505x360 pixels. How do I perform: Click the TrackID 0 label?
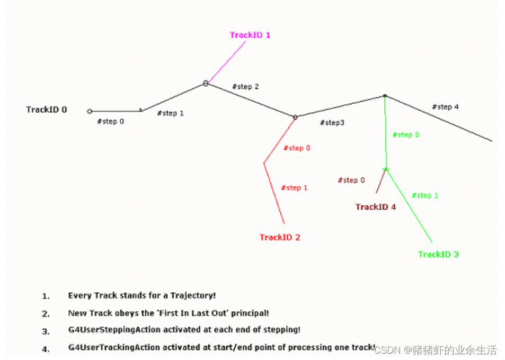[47, 110]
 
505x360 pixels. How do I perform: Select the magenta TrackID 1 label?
[250, 35]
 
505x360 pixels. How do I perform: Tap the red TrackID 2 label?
[280, 237]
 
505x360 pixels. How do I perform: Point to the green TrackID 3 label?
[438, 254]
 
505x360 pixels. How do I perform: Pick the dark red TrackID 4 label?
[376, 207]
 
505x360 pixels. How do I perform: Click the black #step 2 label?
[245, 86]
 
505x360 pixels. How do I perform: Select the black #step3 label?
[332, 123]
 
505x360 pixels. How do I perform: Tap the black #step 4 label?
[445, 107]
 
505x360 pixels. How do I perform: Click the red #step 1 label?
[294, 188]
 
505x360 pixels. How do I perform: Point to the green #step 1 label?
[425, 195]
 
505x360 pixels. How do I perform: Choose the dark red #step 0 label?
[351, 181]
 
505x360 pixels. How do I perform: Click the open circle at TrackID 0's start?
[90, 111]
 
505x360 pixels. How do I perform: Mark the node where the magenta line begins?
[206, 83]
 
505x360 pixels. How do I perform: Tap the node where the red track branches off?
[295, 117]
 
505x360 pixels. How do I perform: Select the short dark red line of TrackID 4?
[380, 182]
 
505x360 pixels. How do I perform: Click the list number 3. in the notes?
[46, 331]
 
